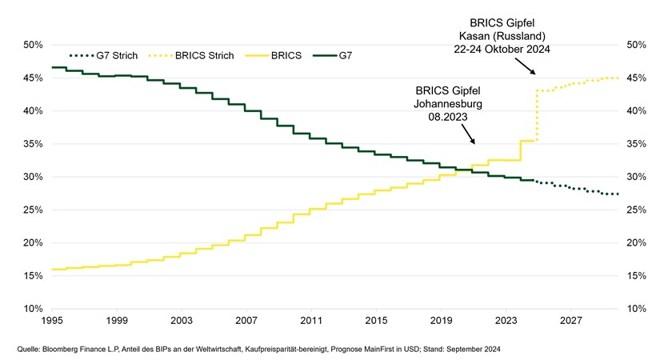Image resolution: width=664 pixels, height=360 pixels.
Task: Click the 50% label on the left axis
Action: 31,45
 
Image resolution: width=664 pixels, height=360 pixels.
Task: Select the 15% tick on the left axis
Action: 31,275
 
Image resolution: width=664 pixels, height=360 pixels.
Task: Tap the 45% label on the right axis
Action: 636,78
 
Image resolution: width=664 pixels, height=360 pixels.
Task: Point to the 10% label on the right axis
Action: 636,309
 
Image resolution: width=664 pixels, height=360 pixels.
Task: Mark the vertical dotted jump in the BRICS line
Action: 537,116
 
